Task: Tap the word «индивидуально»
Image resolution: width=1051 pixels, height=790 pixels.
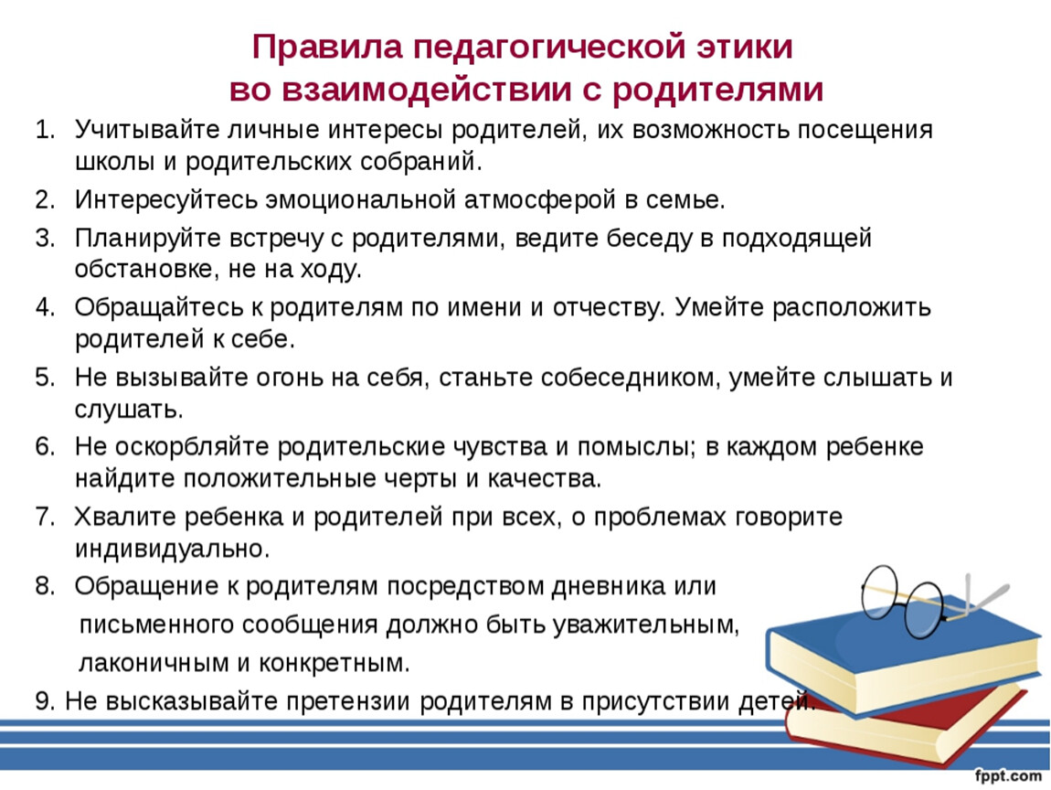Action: (x=172, y=550)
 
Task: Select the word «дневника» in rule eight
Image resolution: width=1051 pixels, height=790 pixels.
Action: (x=610, y=587)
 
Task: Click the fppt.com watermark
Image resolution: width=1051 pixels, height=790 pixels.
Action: (x=1008, y=776)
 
